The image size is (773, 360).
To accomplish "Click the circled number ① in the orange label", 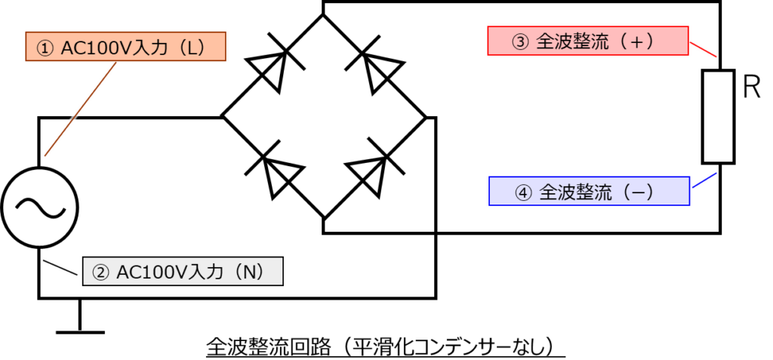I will point(46,48).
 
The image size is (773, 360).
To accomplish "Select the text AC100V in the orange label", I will point(90,48).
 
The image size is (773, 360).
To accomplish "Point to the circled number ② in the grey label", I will point(100,272).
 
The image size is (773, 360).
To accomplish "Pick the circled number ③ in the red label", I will point(521,42).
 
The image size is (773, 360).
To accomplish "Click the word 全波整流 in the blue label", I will point(574,192).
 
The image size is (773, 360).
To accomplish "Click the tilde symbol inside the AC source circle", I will point(39,208).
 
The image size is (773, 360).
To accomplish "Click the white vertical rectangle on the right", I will point(718,117).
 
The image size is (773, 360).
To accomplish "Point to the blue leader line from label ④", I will point(704,181).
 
